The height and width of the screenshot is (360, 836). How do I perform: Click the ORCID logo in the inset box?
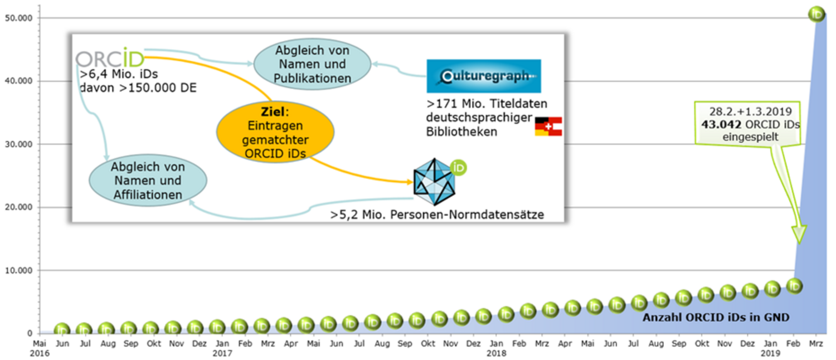pyautogui.click(x=110, y=58)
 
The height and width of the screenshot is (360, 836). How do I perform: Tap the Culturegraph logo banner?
pyautogui.click(x=484, y=76)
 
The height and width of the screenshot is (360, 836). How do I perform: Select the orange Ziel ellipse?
pyautogui.click(x=275, y=132)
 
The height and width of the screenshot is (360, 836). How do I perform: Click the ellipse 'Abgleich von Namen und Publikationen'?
pyautogui.click(x=312, y=64)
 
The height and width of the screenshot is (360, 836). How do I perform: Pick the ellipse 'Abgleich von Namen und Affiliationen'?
pyautogui.click(x=148, y=180)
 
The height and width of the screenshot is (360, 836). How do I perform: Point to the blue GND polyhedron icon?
pyautogui.click(x=434, y=182)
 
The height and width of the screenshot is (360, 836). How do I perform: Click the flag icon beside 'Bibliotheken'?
pyautogui.click(x=548, y=127)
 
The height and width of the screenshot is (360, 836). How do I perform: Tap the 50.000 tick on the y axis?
pyautogui.click(x=18, y=18)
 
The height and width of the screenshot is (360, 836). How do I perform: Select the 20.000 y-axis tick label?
pyautogui.click(x=18, y=207)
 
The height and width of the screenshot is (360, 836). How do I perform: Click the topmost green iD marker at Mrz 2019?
pyautogui.click(x=816, y=14)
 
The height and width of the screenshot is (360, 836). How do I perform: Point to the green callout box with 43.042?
pyautogui.click(x=747, y=124)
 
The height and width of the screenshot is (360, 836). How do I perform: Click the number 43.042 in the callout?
pyautogui.click(x=721, y=124)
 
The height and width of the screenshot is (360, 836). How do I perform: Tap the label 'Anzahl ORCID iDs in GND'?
pyautogui.click(x=716, y=318)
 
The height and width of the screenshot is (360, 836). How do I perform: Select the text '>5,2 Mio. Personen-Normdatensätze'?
pyautogui.click(x=437, y=215)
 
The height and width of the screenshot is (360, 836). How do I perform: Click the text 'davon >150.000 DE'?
pyautogui.click(x=138, y=87)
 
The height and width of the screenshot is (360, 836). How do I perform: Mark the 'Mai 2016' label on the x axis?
pyautogui.click(x=40, y=348)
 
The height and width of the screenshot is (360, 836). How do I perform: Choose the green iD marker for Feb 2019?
pyautogui.click(x=794, y=286)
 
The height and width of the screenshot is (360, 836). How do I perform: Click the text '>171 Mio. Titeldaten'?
pyautogui.click(x=487, y=103)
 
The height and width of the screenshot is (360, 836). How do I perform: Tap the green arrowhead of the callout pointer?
pyautogui.click(x=799, y=234)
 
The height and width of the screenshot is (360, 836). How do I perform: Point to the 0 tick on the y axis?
pyautogui.click(x=30, y=333)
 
